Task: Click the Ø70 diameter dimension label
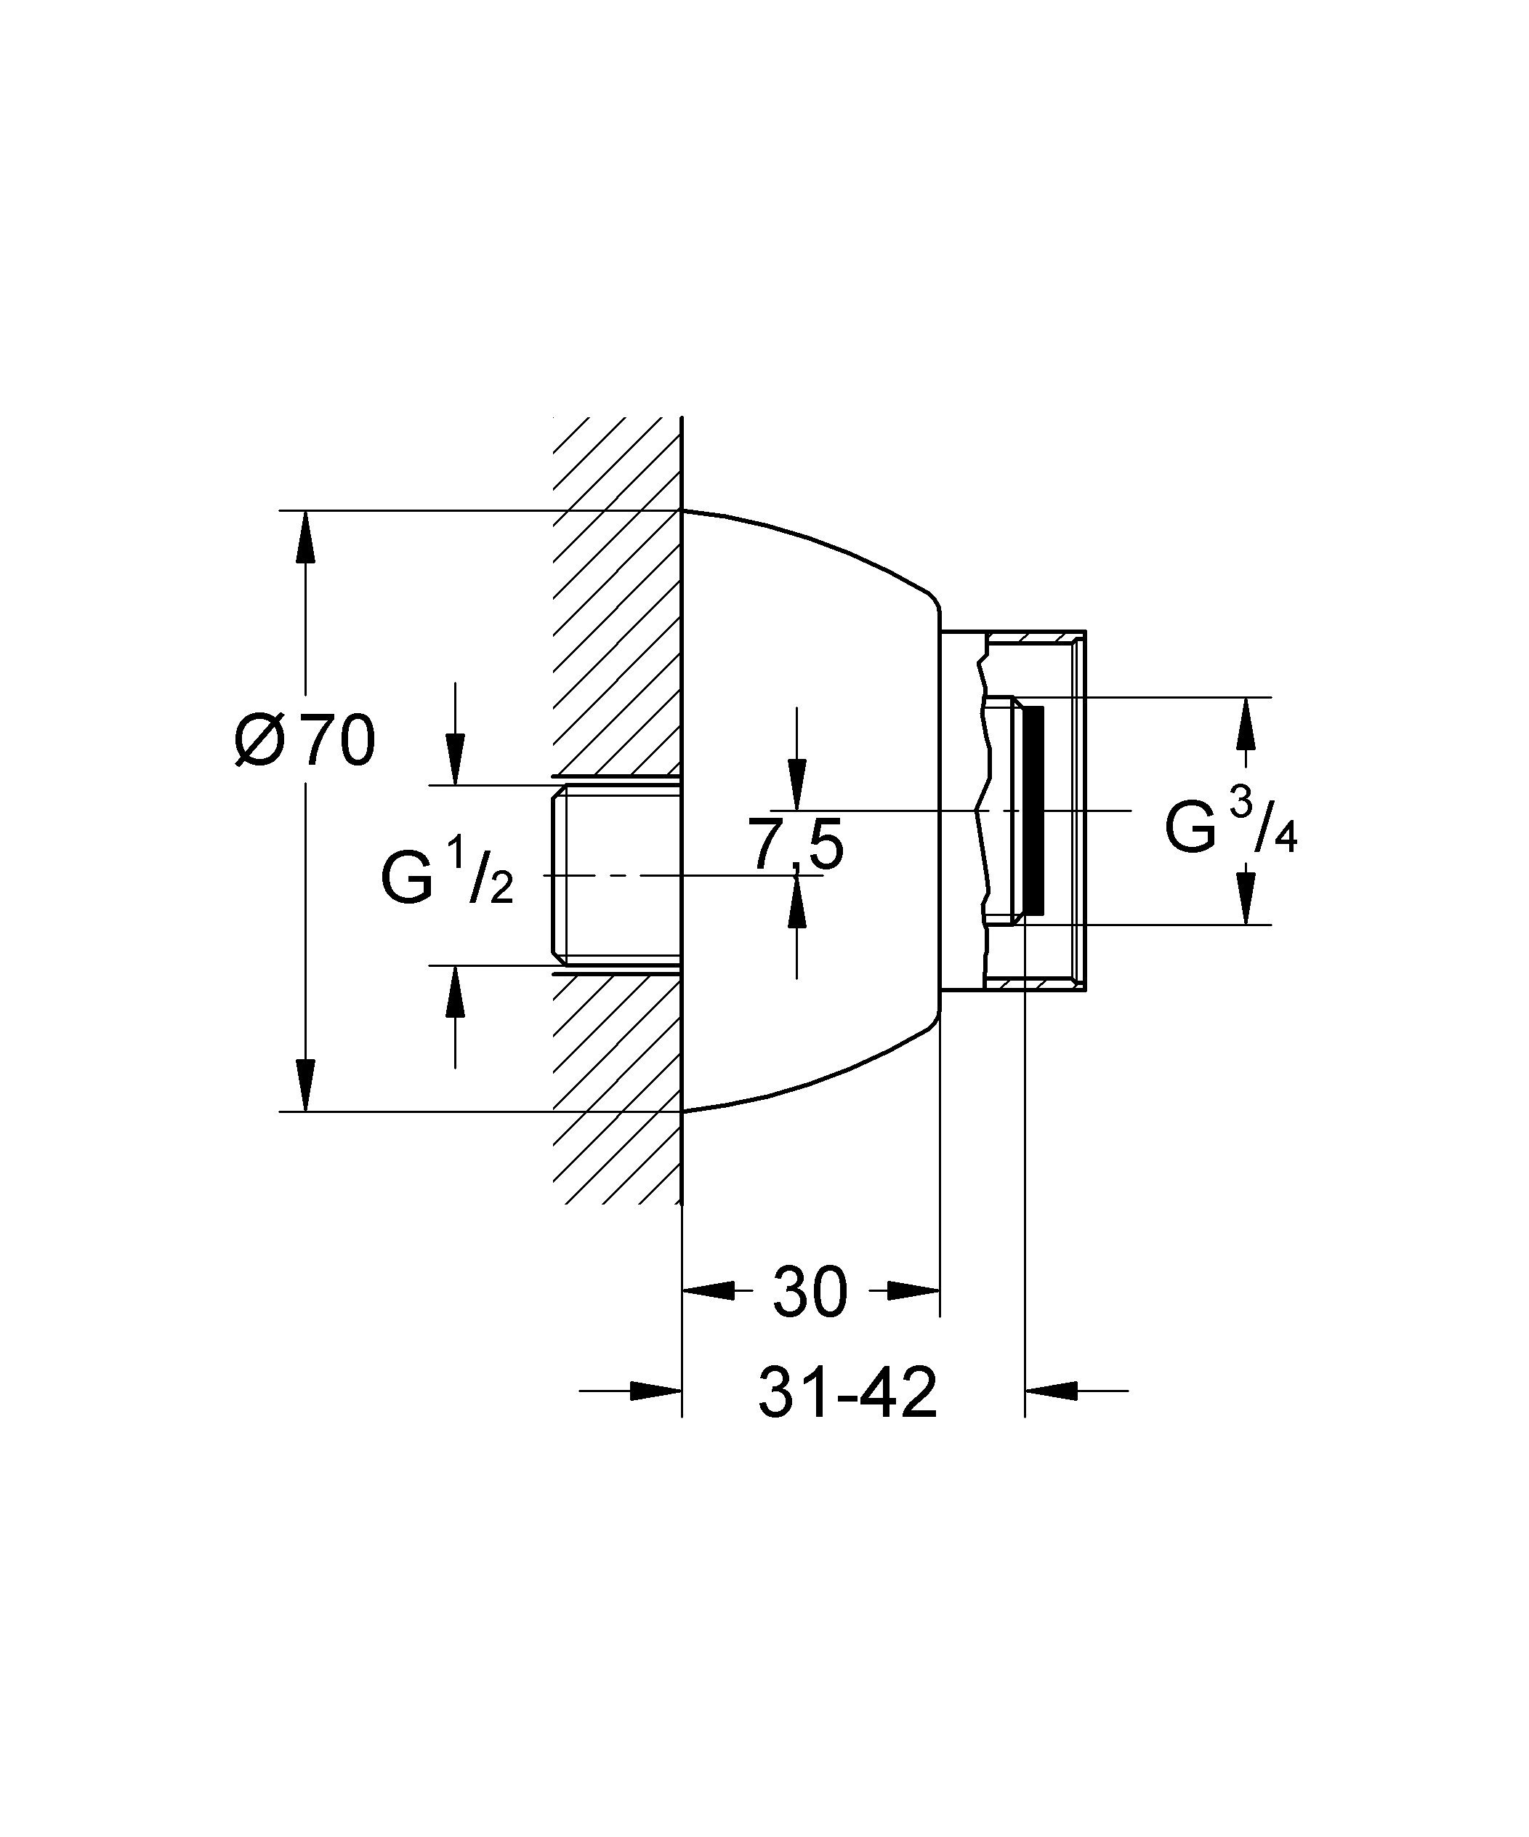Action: click(304, 740)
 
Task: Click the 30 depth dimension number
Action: click(810, 1291)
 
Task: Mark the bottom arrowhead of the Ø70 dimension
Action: click(305, 1085)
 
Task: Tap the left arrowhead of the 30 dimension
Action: click(708, 1290)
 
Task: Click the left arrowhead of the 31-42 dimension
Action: click(655, 1389)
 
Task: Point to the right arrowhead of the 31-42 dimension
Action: click(1052, 1389)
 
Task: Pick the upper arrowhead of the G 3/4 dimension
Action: click(1246, 723)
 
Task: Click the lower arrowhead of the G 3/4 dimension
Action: click(1246, 899)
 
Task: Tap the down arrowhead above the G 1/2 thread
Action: click(455, 758)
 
